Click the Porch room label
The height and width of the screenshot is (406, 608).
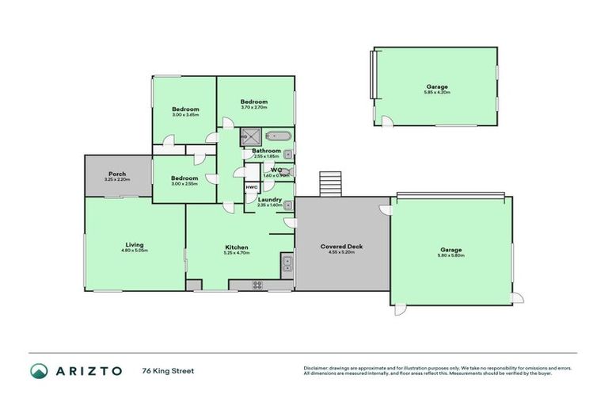(117, 174)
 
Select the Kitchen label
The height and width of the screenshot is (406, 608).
(237, 247)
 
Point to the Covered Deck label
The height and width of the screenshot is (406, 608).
(342, 247)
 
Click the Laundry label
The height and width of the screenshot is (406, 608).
(269, 199)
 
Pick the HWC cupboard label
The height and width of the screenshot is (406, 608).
(251, 187)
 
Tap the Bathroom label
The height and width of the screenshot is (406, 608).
(266, 151)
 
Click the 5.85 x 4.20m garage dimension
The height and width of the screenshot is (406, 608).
(436, 92)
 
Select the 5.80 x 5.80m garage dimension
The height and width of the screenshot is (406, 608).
(450, 255)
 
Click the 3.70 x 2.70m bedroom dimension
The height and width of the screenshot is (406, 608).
(254, 107)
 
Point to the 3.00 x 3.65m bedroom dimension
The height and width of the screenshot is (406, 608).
(185, 115)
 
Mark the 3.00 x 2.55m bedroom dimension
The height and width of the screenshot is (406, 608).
(184, 183)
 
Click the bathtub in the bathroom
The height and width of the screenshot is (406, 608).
(279, 136)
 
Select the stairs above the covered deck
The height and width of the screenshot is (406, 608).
(329, 184)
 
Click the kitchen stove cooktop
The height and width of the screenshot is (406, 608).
(257, 285)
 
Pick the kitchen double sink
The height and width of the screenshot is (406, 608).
(287, 265)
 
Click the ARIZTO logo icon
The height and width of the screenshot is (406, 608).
(40, 371)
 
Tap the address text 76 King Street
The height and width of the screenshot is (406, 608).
(168, 370)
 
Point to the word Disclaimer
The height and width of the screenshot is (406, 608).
(315, 368)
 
